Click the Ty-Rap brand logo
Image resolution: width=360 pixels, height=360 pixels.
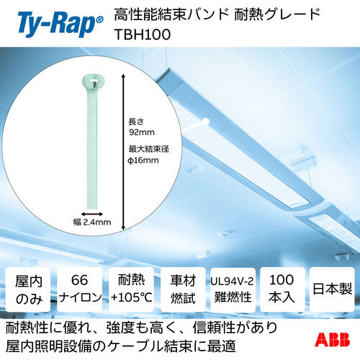click(x=53, y=19)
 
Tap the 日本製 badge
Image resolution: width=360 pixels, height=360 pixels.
click(x=333, y=291)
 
